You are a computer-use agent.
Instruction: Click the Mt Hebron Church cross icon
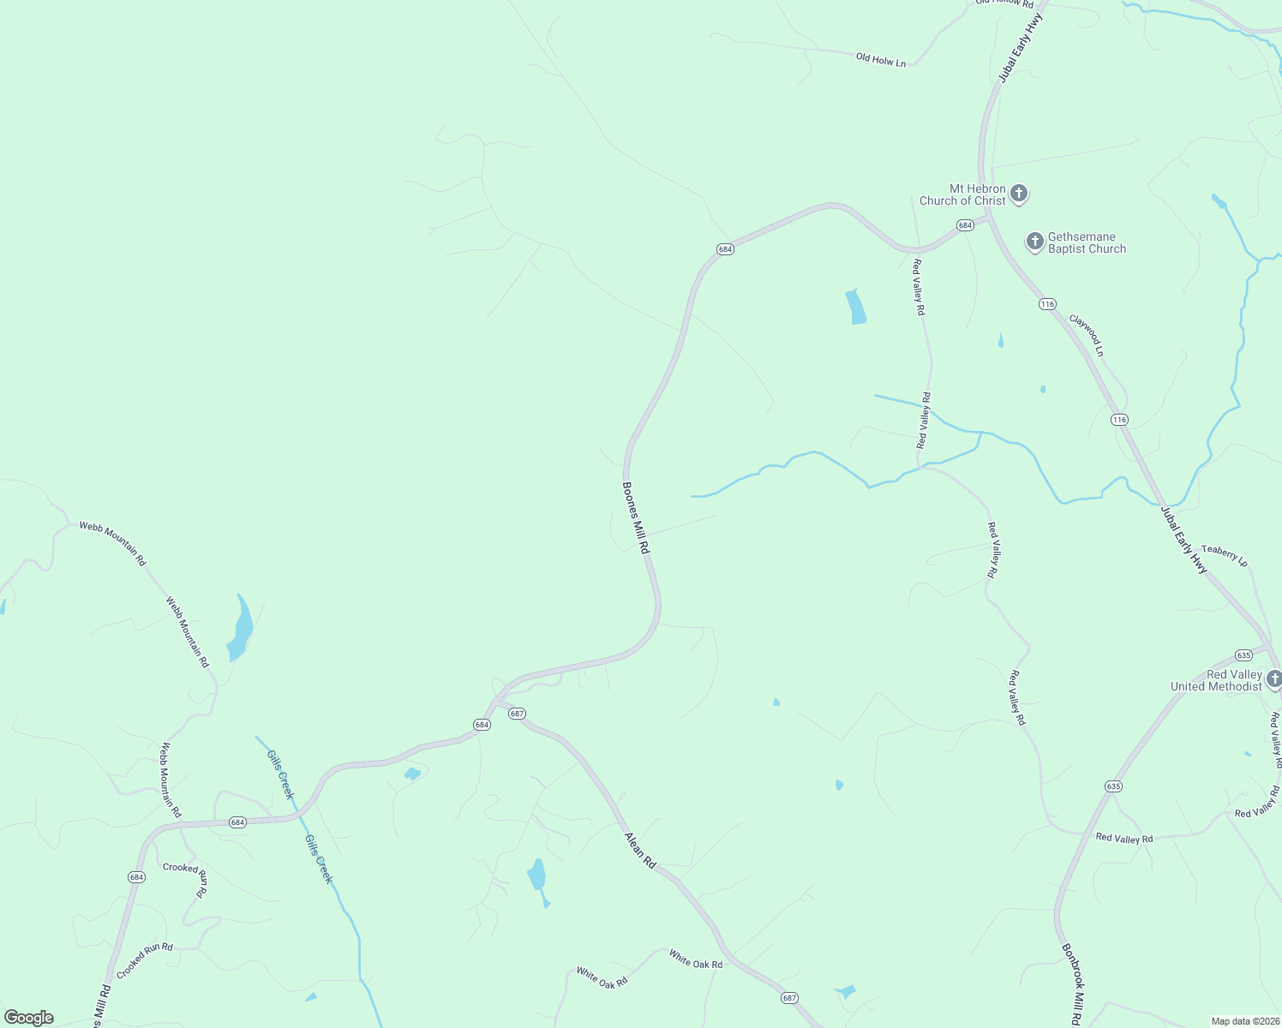click(x=1019, y=193)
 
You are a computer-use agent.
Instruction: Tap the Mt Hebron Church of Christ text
click(x=963, y=194)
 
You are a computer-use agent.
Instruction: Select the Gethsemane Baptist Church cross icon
click(x=1034, y=241)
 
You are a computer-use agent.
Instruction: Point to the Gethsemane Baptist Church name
click(x=1087, y=242)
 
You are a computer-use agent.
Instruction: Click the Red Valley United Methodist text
click(x=1216, y=680)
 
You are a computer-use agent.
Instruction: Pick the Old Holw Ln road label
click(x=880, y=60)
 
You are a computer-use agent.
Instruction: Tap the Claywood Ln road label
click(x=1087, y=335)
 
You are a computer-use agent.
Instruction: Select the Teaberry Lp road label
click(x=1225, y=554)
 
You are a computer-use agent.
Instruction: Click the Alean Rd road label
click(x=639, y=850)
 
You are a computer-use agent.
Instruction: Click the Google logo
click(x=28, y=1018)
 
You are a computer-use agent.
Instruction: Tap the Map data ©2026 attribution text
click(x=1244, y=1021)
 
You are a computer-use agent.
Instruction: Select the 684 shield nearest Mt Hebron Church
click(x=965, y=225)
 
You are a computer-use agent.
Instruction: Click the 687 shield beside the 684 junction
click(x=517, y=713)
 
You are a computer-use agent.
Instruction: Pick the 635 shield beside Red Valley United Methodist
click(x=1243, y=655)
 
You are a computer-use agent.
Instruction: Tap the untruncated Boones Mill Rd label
click(x=635, y=517)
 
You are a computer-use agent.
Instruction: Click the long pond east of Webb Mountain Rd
click(x=241, y=628)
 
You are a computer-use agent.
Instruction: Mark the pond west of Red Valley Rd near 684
click(x=855, y=307)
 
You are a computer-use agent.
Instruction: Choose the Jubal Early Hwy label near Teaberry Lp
click(x=1184, y=540)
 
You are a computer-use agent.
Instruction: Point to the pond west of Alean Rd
click(x=536, y=875)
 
